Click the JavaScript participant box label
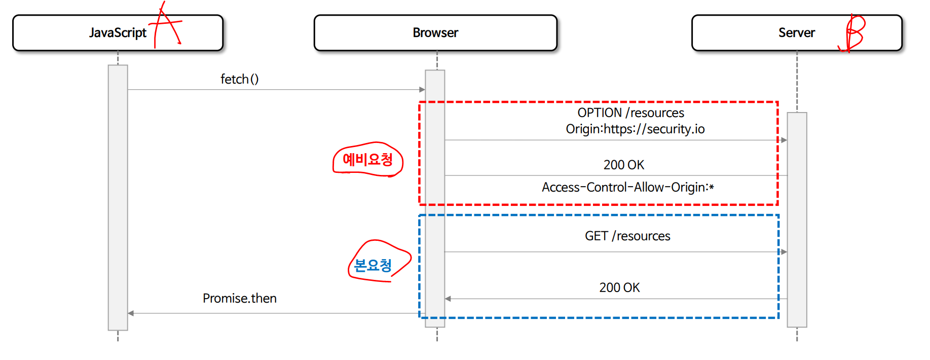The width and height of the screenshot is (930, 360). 118,33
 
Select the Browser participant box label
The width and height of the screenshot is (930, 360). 435,33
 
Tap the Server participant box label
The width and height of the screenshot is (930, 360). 796,33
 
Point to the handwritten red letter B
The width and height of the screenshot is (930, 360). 854,33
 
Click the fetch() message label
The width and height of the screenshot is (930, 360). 239,79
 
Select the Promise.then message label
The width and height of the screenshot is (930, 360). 239,298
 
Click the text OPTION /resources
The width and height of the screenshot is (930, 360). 630,113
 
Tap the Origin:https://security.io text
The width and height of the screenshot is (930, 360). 635,129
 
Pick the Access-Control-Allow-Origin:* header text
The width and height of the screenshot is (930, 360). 627,187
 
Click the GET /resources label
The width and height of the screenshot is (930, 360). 627,236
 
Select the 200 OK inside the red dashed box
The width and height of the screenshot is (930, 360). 623,165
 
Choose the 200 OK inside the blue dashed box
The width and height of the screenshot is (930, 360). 619,287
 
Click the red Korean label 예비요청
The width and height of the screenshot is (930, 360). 368,160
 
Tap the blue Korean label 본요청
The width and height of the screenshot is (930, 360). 373,265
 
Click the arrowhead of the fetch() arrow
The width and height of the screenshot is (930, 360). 422,90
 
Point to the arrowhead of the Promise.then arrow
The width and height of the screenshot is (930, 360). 131,313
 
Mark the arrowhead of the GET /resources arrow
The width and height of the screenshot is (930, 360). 784,251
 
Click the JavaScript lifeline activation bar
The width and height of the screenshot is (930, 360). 118,198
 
